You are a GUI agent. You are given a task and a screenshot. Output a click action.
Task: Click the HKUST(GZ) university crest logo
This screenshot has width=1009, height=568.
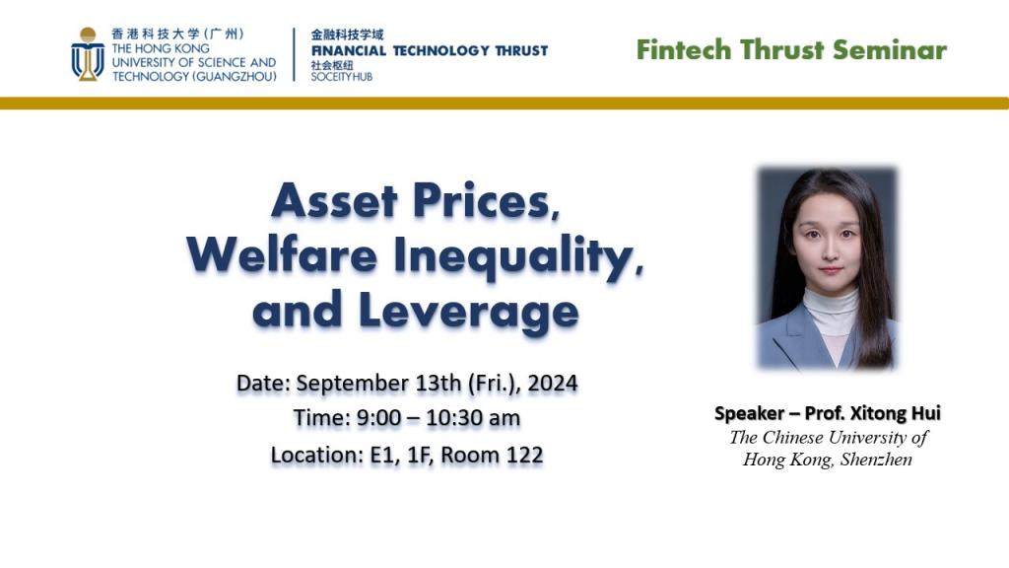click(88, 54)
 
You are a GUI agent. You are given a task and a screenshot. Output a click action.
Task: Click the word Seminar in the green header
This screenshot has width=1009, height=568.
click(890, 49)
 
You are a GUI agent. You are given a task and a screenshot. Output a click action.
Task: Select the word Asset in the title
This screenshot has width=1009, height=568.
click(335, 200)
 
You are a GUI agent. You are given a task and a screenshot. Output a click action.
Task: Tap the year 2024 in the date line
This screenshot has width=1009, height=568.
click(553, 384)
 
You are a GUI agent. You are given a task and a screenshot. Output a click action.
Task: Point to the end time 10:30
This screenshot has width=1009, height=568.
click(450, 418)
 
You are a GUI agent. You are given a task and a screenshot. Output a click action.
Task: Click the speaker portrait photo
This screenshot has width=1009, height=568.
click(827, 268)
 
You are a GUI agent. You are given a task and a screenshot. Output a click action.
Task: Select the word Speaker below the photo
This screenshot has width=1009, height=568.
click(749, 413)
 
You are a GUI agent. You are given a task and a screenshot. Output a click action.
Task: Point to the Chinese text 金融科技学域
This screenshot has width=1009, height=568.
click(347, 35)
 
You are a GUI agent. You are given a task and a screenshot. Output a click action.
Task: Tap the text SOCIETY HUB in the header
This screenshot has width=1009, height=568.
click(342, 77)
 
